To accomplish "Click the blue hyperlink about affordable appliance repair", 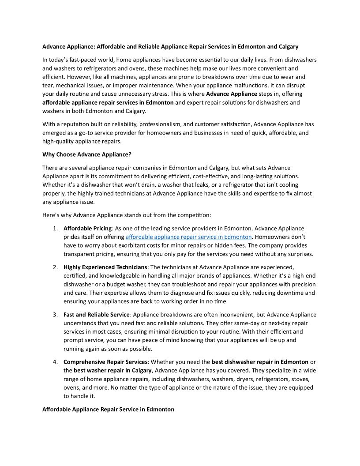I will pyautogui.click(x=188, y=237).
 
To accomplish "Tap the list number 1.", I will pyautogui.click(x=55, y=229).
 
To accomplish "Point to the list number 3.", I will pyautogui.click(x=55, y=315).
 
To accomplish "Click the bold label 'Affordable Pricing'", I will pyautogui.click(x=88, y=229).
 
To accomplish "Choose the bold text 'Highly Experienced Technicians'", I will pyautogui.click(x=105, y=267).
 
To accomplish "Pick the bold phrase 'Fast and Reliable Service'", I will pyautogui.click(x=97, y=315).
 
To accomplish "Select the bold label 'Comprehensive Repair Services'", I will pyautogui.click(x=105, y=362).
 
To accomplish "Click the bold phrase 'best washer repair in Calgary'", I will pyautogui.click(x=112, y=371).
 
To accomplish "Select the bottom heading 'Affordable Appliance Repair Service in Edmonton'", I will pyautogui.click(x=108, y=410).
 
